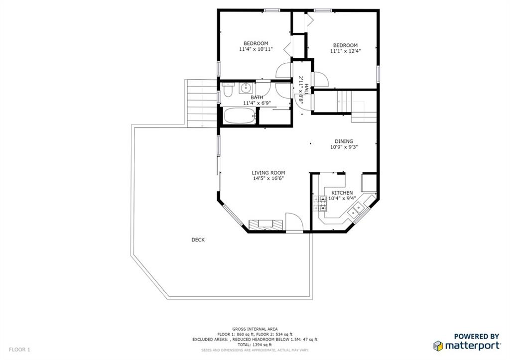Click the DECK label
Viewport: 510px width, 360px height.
coord(198,240)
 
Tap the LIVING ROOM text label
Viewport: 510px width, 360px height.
coord(268,173)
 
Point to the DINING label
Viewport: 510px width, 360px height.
coord(344,141)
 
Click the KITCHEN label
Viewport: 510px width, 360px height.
coord(342,193)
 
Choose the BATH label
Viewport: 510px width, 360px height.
coord(257,98)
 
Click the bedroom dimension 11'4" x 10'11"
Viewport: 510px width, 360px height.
coord(255,49)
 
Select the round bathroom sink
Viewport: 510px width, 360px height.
coord(245,89)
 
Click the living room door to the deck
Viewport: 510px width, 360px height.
coord(294,223)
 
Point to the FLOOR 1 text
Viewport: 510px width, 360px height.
coord(19,350)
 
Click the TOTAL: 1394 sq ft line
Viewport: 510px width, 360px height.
coord(255,345)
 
